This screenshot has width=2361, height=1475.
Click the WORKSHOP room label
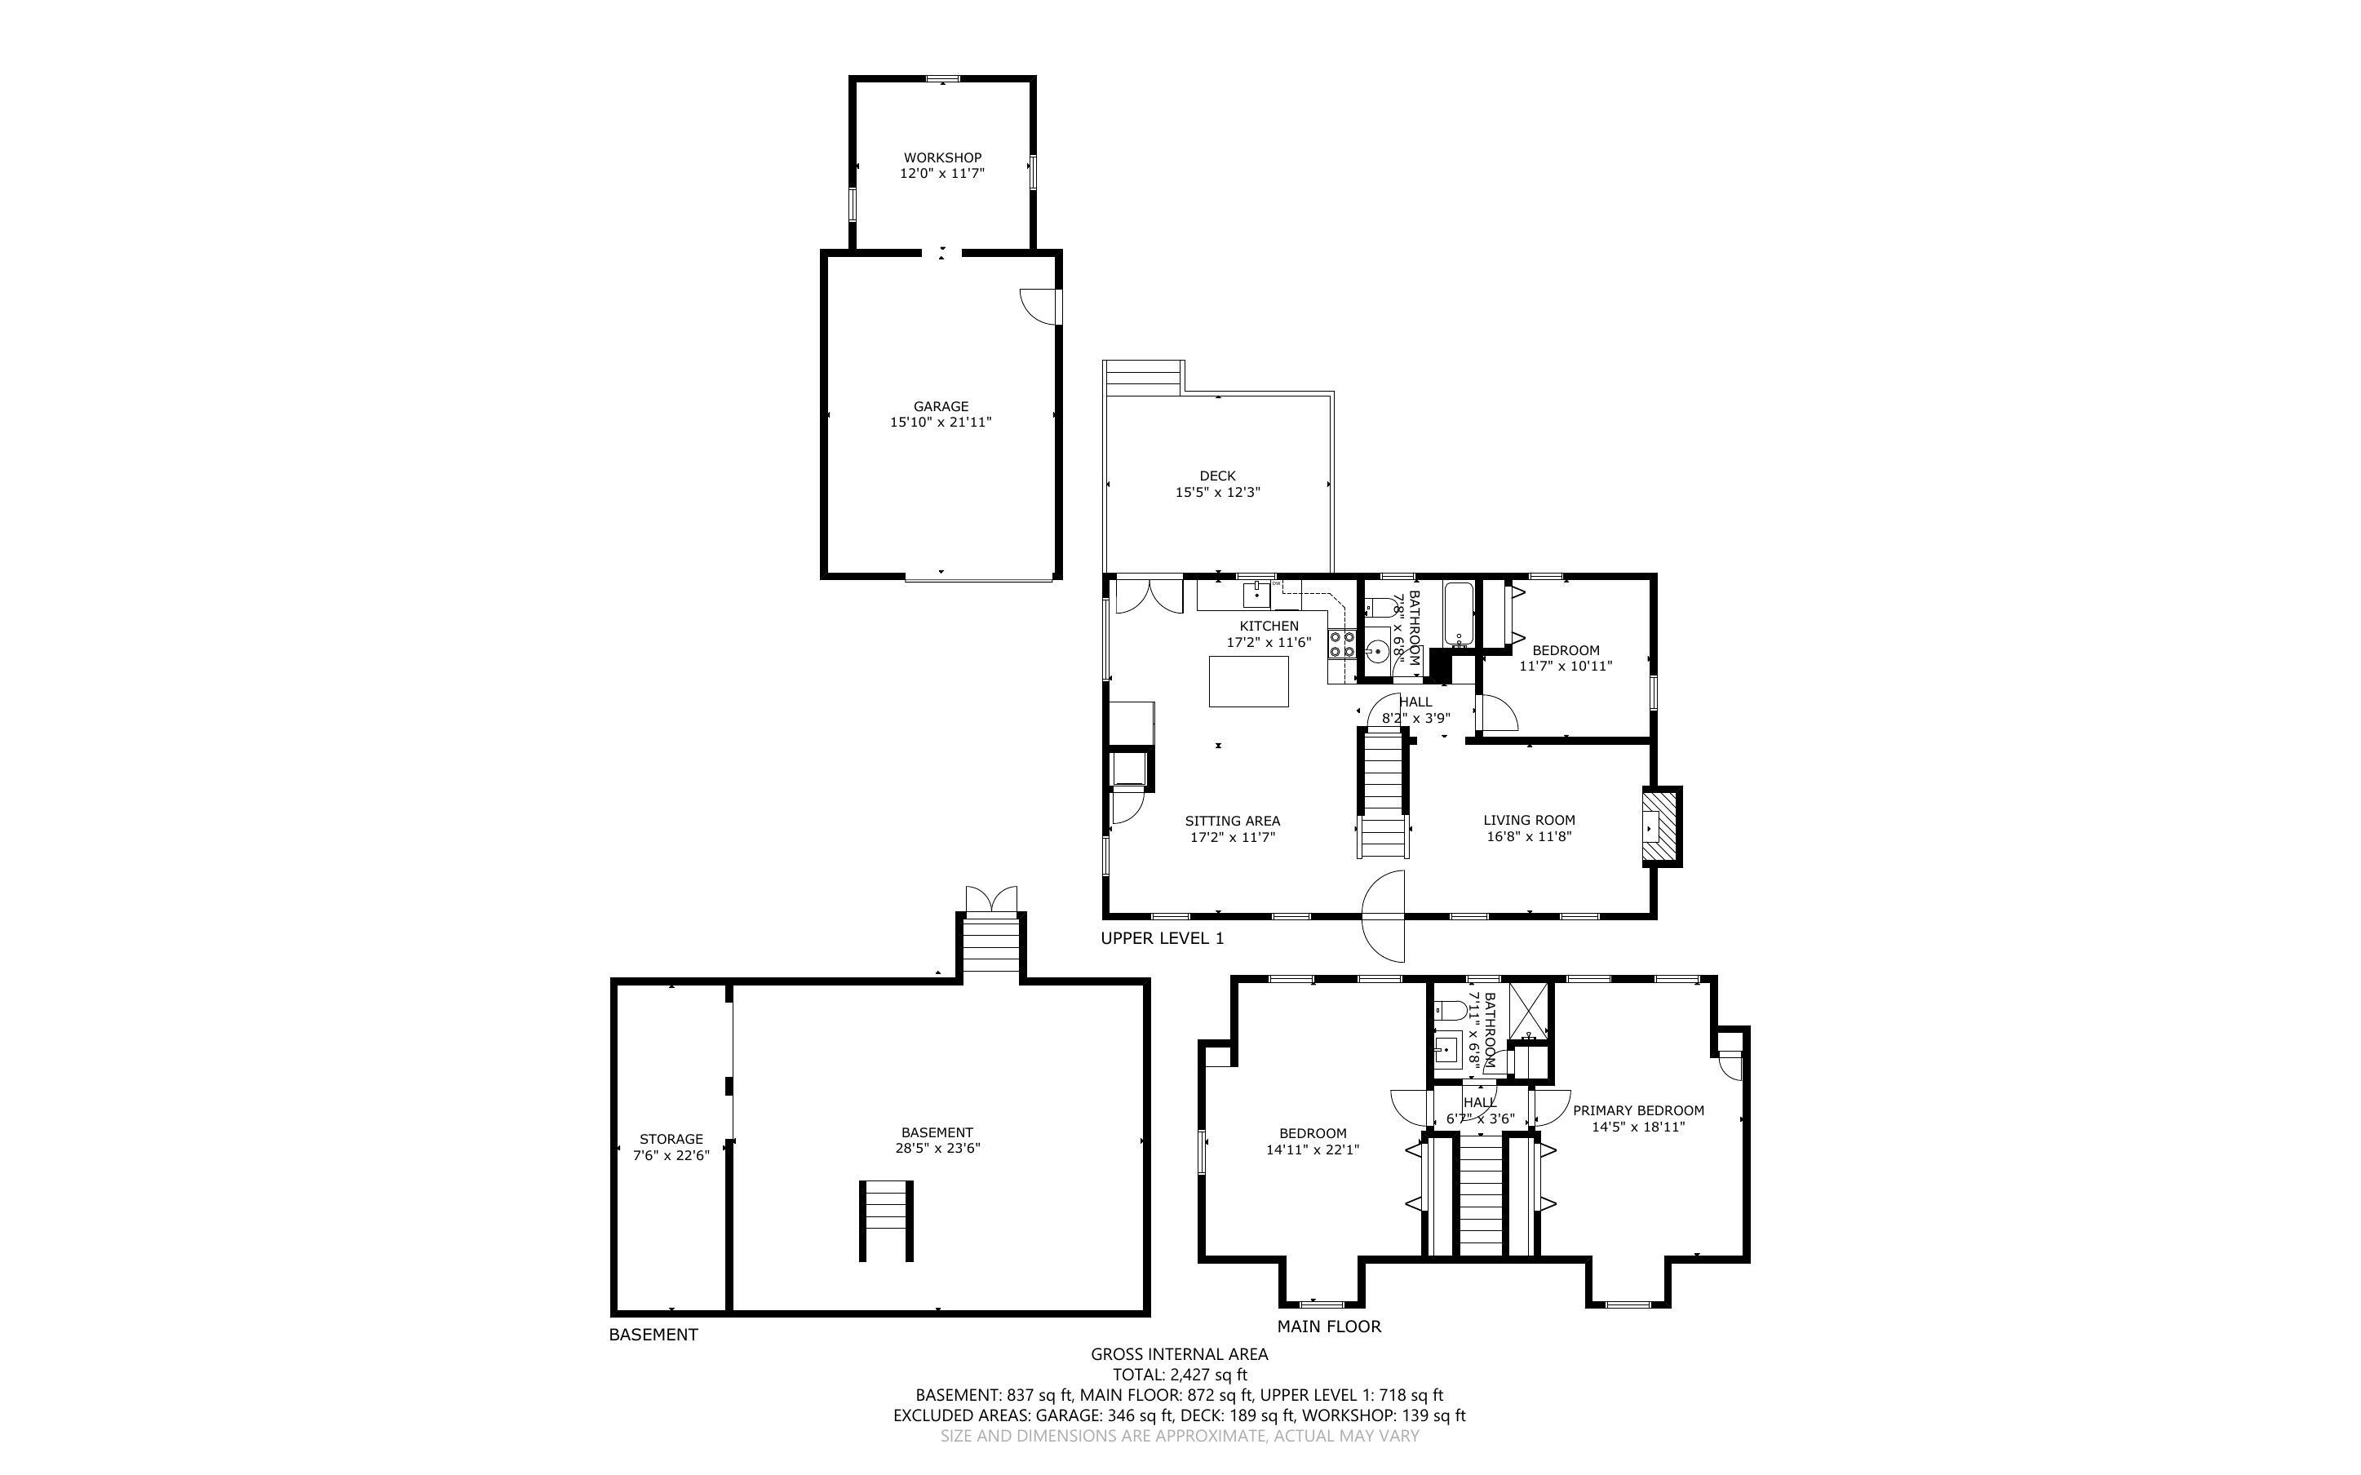tap(942, 157)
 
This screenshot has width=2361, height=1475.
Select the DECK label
tap(1217, 476)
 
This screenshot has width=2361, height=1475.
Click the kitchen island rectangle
tap(1248, 681)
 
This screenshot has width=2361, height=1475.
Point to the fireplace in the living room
tap(1662, 826)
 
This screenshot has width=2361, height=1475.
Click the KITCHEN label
tap(1269, 627)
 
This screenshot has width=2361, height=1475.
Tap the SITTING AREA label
tap(1232, 822)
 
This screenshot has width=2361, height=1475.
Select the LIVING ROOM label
tap(1529, 821)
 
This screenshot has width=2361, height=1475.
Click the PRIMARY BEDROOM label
tap(1638, 1110)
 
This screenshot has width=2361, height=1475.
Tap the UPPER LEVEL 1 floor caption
tap(1162, 938)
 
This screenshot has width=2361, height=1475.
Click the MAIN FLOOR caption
tap(1329, 1327)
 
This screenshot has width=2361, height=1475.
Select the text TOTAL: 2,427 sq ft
tap(1180, 1375)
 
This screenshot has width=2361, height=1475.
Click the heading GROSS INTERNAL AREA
tap(1179, 1354)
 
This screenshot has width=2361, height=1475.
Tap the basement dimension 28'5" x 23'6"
tap(937, 1148)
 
